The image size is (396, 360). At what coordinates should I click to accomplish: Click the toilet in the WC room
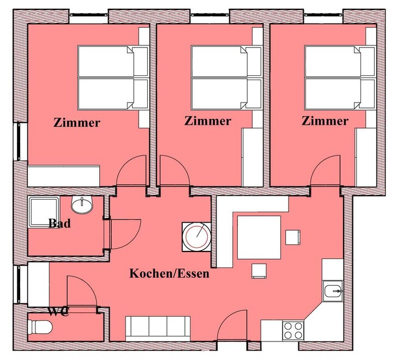[x=40, y=327]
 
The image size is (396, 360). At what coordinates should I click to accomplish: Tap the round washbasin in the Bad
[x=82, y=204]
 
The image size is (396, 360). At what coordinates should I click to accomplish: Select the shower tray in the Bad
[x=44, y=212]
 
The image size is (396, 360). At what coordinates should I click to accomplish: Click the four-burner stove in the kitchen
[x=293, y=331]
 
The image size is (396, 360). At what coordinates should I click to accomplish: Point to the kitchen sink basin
[x=333, y=291]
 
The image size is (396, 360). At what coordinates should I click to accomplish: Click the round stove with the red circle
[x=197, y=237]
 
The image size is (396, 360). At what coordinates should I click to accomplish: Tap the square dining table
[x=259, y=237]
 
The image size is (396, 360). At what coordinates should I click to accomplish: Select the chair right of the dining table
[x=293, y=237]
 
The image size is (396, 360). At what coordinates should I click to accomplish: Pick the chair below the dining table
[x=259, y=271]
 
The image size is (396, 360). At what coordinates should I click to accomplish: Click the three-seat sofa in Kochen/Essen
[x=158, y=327]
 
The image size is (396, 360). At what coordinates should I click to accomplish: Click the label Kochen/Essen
[x=170, y=274]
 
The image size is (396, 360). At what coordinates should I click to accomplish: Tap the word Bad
[x=59, y=223]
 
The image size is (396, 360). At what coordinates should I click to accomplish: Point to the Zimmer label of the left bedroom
[x=77, y=123]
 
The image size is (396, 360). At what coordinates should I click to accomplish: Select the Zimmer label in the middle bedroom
[x=208, y=121]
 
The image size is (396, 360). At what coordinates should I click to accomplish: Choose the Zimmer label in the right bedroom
[x=325, y=121]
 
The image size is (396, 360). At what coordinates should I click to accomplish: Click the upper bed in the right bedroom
[x=340, y=61]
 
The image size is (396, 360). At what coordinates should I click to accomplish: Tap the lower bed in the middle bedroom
[x=226, y=94]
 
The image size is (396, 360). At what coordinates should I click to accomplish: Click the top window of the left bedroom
[x=89, y=15]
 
